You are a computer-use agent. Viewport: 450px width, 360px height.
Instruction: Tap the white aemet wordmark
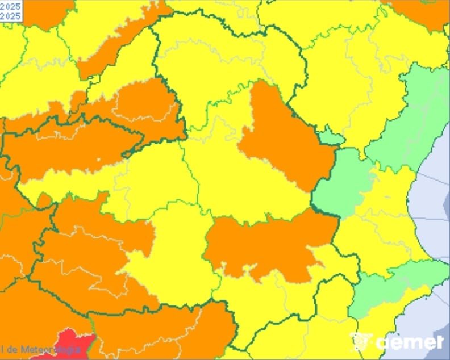point(409,342)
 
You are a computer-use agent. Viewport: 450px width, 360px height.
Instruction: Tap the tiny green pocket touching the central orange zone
point(330,137)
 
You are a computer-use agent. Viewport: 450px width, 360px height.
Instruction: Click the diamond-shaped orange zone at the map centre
point(284,136)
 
